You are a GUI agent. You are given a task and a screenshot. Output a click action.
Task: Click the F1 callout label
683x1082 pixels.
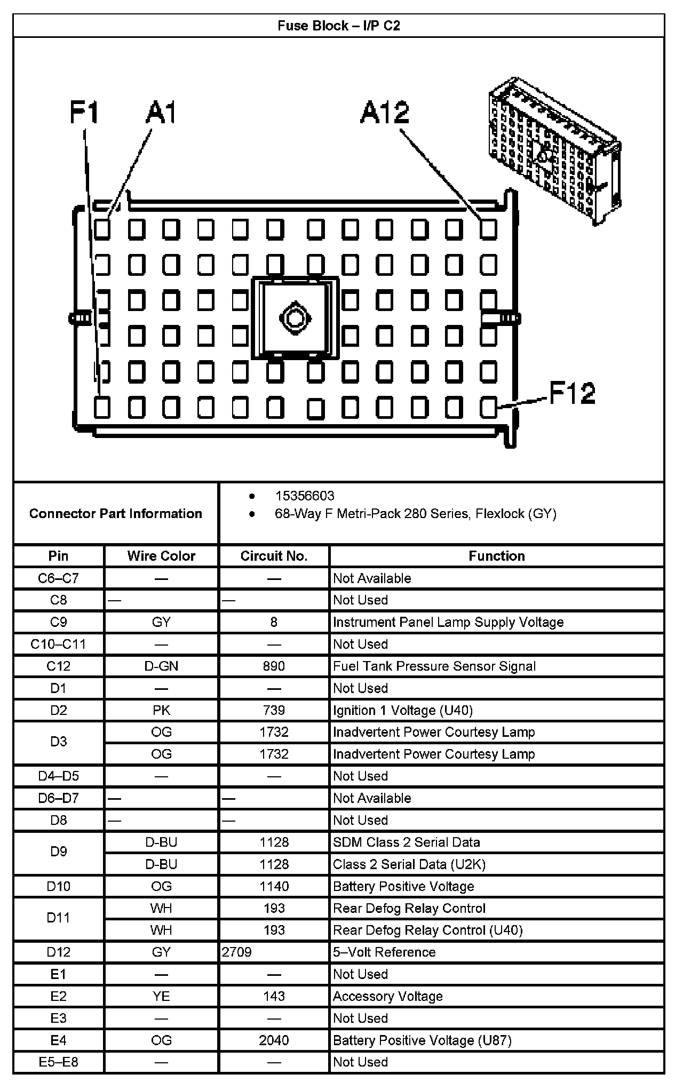84,113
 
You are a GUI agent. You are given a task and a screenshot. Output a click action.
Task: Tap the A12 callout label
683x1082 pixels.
385,113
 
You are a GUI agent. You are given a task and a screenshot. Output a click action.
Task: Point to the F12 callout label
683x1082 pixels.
572,394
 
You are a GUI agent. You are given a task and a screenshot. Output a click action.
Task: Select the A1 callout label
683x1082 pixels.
161,113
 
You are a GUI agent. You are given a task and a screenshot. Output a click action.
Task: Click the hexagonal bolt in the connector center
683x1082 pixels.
294,318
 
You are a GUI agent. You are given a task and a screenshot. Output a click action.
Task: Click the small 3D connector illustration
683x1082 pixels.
555,150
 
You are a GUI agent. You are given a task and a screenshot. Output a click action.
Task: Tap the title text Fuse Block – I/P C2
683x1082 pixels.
339,26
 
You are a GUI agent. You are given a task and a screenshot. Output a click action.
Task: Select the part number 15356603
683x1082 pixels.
305,496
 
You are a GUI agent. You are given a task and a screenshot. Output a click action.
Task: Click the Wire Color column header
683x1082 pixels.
161,556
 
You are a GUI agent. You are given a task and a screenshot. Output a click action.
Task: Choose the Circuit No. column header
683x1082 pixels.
274,556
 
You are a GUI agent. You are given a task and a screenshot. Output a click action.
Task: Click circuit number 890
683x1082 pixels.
274,666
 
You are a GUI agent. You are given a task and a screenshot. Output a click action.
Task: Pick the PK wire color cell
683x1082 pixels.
161,710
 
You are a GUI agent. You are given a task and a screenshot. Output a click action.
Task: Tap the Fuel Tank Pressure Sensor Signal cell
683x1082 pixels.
434,666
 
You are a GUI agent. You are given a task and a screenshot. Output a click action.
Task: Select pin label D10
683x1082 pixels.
59,886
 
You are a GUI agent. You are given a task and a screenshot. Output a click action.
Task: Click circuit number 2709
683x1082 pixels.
237,952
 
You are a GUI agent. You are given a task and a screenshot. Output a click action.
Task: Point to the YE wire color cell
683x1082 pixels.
161,996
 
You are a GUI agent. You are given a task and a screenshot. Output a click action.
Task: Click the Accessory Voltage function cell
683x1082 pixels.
388,996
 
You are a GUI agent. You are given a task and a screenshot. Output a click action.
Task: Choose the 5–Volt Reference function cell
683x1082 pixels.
384,952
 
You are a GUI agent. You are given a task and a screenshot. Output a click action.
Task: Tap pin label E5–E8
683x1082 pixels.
59,1062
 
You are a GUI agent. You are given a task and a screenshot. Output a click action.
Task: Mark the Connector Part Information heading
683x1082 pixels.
116,513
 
